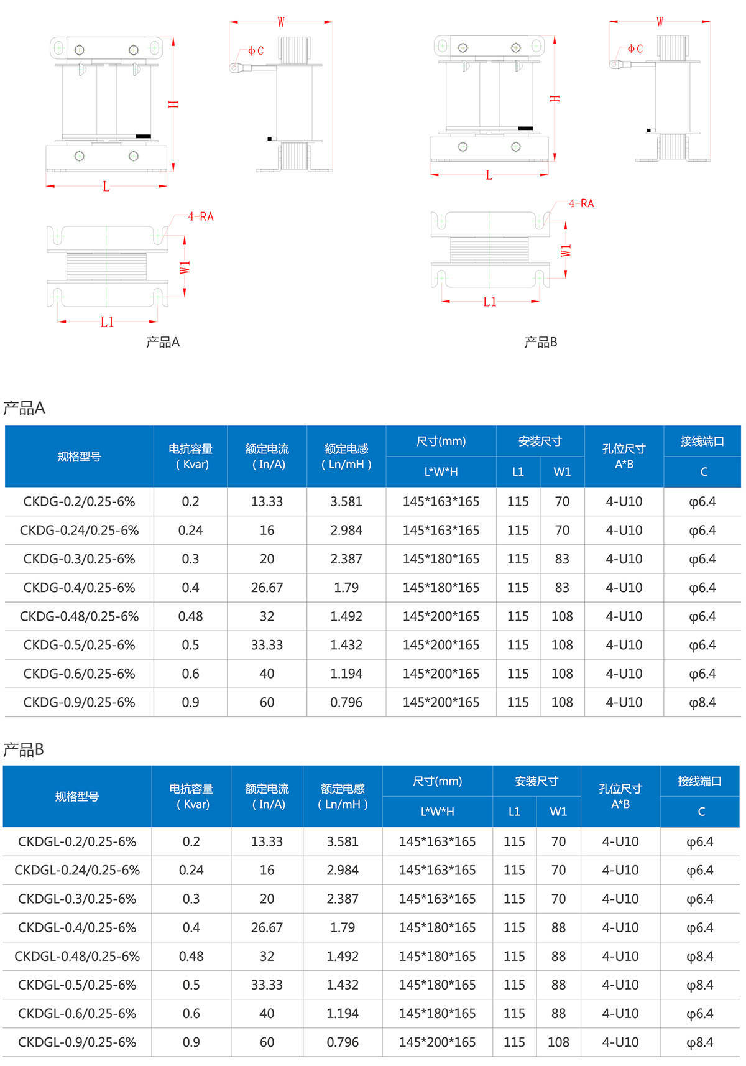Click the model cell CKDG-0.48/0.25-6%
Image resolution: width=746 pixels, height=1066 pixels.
click(x=79, y=616)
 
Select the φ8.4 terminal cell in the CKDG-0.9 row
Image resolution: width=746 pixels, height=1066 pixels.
click(x=702, y=702)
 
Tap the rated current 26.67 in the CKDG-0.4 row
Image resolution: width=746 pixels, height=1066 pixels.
click(x=267, y=588)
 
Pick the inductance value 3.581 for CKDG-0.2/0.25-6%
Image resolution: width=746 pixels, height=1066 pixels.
click(x=346, y=501)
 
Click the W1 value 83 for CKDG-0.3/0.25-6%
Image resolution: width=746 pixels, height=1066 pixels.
click(x=562, y=558)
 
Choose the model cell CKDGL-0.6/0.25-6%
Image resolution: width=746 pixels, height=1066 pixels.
click(x=77, y=1014)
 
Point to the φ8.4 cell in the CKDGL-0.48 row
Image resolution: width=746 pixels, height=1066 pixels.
click(x=699, y=957)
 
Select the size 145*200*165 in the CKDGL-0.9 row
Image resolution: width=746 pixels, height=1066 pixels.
click(x=437, y=1042)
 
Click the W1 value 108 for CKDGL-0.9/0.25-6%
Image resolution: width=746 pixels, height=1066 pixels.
click(x=558, y=1042)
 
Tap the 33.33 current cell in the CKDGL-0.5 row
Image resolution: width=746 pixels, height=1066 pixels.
click(x=267, y=985)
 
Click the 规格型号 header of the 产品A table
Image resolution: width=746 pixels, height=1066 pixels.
click(x=79, y=457)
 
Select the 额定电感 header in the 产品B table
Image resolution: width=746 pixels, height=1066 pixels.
click(x=343, y=789)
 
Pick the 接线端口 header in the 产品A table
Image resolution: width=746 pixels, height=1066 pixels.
click(x=702, y=441)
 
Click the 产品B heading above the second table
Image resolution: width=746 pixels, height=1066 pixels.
click(x=24, y=749)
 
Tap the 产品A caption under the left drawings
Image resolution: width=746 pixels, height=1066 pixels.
click(x=163, y=341)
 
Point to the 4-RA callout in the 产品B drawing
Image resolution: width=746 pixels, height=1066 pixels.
click(x=581, y=203)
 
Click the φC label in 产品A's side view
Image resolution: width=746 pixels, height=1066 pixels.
click(x=256, y=50)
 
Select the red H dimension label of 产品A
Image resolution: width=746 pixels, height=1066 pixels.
click(x=173, y=104)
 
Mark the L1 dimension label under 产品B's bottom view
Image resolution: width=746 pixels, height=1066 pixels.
click(x=490, y=302)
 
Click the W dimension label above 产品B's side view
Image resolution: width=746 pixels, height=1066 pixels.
click(x=660, y=21)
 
